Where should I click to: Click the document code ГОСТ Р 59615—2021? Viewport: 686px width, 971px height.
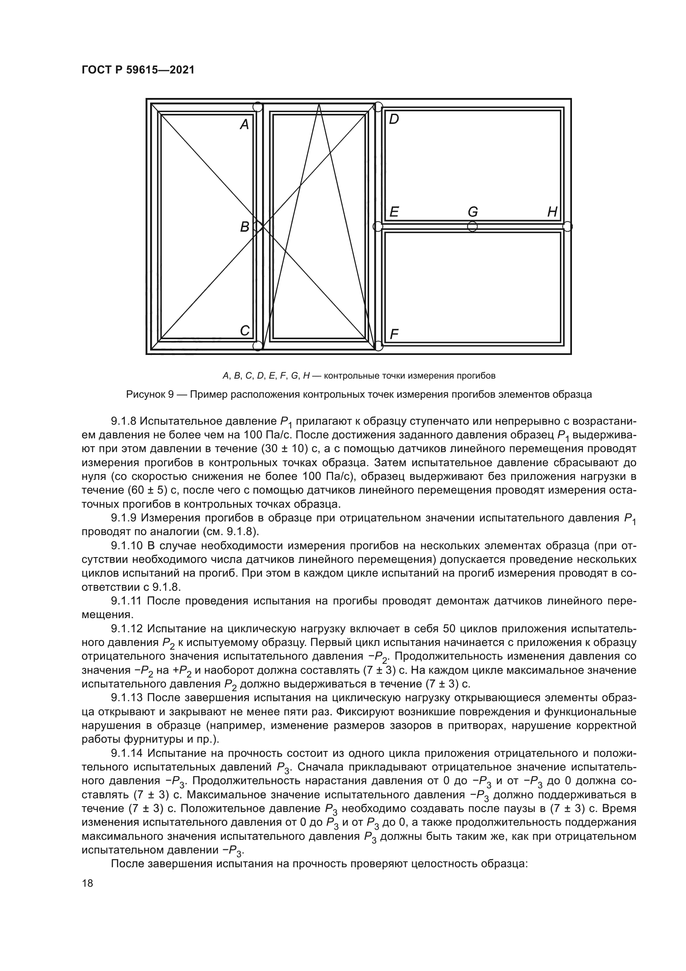tap(138, 70)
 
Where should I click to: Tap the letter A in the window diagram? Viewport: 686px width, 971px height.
tap(245, 125)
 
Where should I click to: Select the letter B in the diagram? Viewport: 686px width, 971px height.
tap(245, 227)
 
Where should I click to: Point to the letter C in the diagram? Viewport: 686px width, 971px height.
tap(245, 330)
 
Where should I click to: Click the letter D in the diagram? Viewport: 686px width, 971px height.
tap(394, 119)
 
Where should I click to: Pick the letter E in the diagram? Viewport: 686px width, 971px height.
tap(394, 211)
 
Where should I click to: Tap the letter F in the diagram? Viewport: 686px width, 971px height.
tap(394, 335)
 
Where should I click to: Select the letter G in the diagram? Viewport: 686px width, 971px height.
tap(473, 211)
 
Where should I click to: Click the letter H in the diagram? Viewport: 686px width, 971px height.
tap(552, 211)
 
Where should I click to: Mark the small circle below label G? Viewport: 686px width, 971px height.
tap(473, 226)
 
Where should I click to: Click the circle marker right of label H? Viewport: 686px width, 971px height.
tap(567, 226)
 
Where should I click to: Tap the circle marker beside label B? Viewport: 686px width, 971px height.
tap(257, 227)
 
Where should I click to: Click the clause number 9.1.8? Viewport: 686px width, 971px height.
tap(123, 422)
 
